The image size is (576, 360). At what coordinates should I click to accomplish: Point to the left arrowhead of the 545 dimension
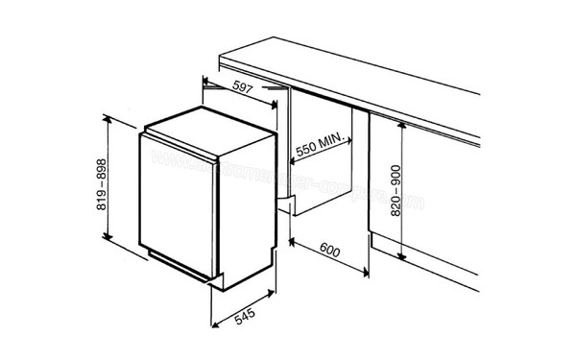click(x=213, y=327)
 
